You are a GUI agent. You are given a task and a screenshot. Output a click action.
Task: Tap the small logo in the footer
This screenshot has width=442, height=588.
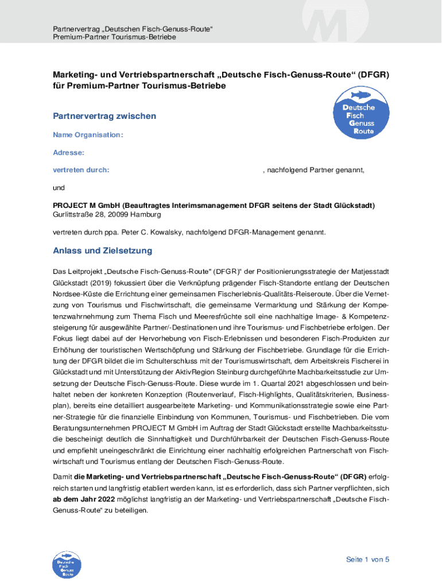[x=66, y=563]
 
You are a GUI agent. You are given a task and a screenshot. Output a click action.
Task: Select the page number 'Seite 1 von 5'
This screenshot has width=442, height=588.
[x=368, y=560]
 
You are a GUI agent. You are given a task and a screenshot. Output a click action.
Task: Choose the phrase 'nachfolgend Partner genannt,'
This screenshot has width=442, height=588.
[x=315, y=171]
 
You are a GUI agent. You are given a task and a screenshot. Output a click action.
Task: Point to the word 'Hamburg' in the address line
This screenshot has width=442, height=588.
[x=146, y=214]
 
